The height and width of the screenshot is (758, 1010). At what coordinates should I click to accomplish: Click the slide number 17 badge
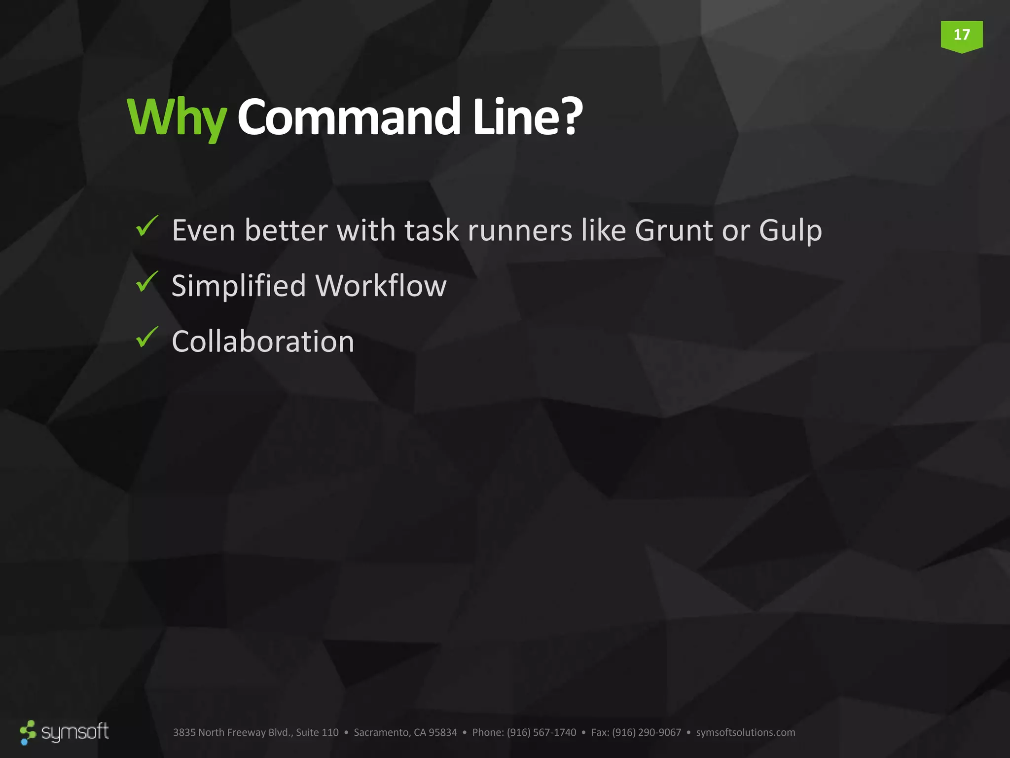[x=961, y=36]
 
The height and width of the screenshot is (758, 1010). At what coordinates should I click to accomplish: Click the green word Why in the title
[x=177, y=118]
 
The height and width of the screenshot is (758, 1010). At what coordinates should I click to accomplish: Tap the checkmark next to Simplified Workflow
[x=146, y=282]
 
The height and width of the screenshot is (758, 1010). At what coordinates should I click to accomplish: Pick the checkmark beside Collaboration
[x=146, y=338]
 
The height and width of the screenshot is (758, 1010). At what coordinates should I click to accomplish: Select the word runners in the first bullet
[x=520, y=230]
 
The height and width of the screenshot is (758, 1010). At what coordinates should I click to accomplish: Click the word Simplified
[x=239, y=286]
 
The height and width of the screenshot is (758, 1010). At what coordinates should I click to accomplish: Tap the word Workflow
[x=381, y=286]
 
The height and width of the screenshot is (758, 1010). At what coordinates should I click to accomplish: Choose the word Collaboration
[x=263, y=341]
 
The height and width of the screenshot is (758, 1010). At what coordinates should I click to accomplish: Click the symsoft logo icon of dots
[x=28, y=732]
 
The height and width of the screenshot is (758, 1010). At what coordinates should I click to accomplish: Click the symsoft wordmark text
[x=75, y=732]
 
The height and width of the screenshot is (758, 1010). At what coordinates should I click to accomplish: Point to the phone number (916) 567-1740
[x=541, y=732]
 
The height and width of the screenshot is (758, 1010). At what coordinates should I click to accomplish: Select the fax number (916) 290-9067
[x=646, y=732]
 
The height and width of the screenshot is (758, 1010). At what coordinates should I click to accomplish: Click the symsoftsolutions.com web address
[x=745, y=732]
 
